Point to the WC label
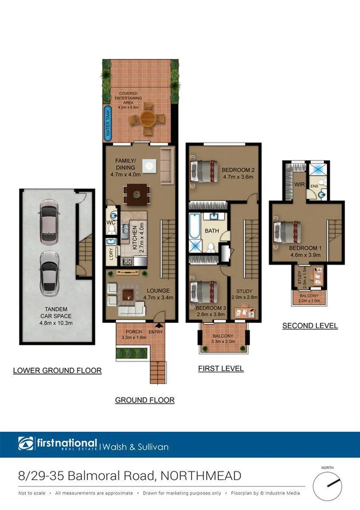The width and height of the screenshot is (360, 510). coord(111,222)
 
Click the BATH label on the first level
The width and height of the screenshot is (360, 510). coord(212,230)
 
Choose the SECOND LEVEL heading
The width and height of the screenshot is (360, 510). coord(310,326)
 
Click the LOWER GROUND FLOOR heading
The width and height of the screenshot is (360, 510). coord(57,370)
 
